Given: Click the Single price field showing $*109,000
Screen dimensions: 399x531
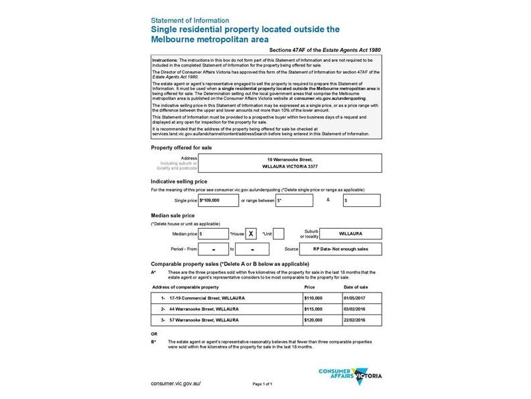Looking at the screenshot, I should [x=218, y=199].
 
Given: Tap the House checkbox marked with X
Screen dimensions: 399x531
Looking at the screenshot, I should [x=252, y=233].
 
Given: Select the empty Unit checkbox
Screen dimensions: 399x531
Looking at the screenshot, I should [x=279, y=233].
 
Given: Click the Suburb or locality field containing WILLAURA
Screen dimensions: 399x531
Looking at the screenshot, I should [x=349, y=233].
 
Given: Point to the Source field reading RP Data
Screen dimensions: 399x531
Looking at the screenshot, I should [x=349, y=249].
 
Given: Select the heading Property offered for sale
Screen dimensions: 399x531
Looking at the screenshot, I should [x=181, y=146].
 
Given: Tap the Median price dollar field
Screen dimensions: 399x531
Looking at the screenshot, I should [x=213, y=233].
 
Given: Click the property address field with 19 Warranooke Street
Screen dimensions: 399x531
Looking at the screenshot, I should [x=287, y=164].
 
